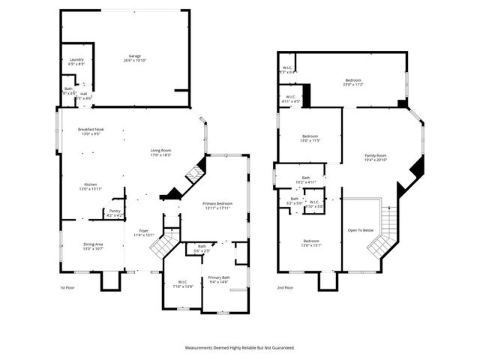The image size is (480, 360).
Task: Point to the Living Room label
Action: (x=161, y=153)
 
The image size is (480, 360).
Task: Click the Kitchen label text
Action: (x=91, y=186)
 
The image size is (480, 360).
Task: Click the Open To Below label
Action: (x=361, y=230)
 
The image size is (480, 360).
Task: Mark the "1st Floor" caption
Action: (x=67, y=288)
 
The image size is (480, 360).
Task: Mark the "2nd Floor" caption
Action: (x=285, y=288)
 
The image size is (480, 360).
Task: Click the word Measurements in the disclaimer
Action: (x=204, y=348)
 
